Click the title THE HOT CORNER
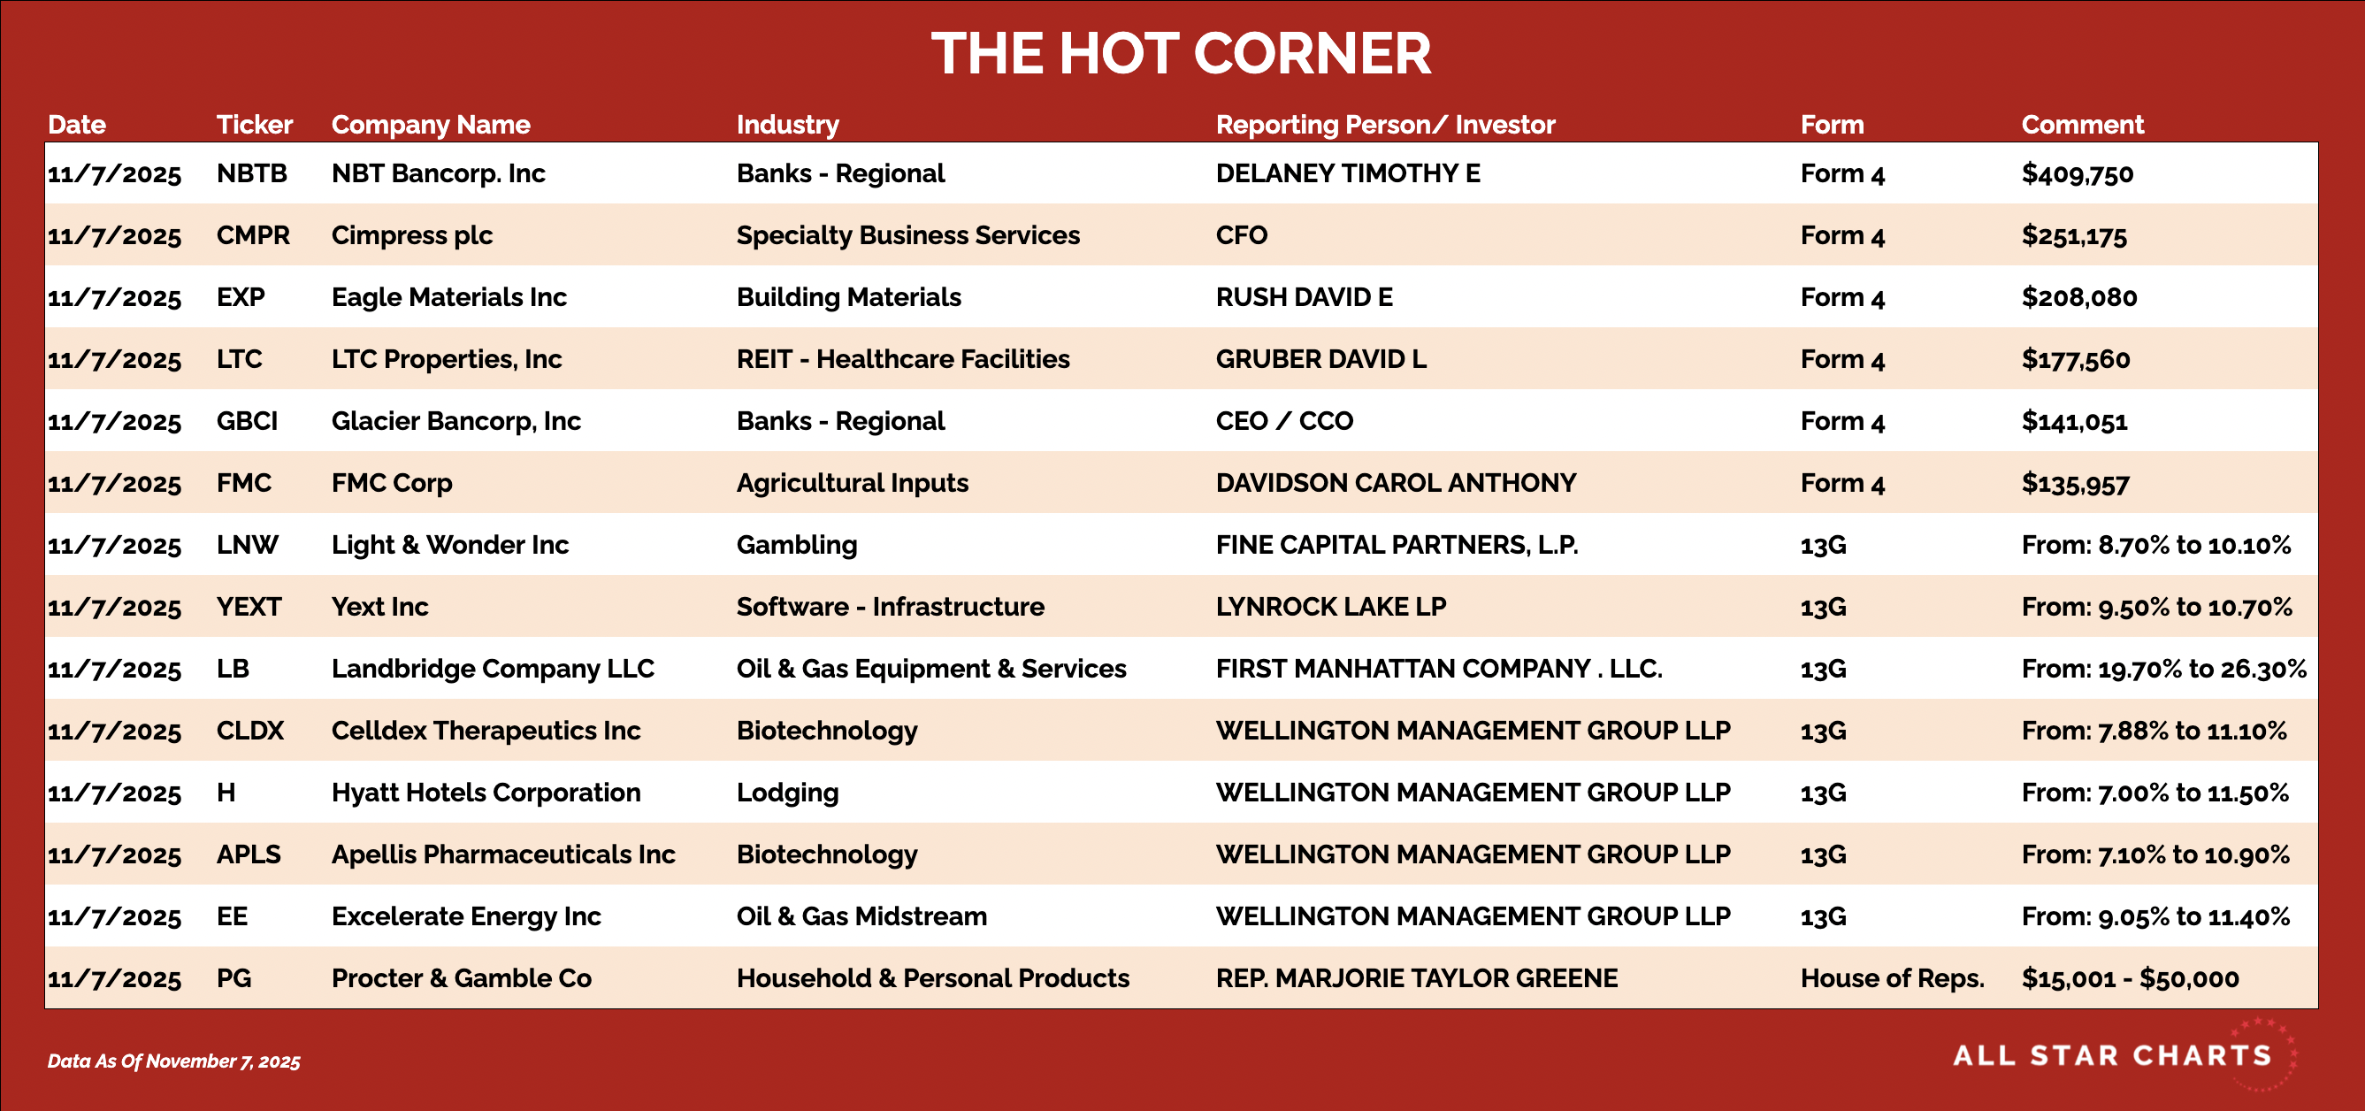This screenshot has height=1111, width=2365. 1182,53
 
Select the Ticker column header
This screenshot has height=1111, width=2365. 255,124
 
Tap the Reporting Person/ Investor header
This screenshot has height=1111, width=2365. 1385,124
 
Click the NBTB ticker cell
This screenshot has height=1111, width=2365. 251,173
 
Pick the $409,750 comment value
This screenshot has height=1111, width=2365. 2077,173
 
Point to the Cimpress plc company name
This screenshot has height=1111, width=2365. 411,236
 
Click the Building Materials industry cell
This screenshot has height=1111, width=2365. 848,297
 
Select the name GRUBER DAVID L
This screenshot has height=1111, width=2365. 1321,359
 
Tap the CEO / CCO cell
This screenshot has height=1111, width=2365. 1284,421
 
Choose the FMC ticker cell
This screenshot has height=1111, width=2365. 243,483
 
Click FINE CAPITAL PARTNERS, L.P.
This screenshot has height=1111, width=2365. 1397,546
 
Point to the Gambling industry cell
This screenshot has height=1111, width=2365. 796,546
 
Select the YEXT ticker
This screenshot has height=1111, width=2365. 249,607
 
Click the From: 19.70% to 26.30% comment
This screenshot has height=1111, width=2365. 2163,670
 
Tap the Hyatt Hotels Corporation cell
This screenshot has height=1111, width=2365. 486,793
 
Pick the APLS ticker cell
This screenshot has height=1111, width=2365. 248,854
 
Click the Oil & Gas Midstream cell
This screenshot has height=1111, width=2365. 861,916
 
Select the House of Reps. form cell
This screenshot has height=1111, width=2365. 1892,979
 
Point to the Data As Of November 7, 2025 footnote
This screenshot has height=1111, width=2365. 173,1061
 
